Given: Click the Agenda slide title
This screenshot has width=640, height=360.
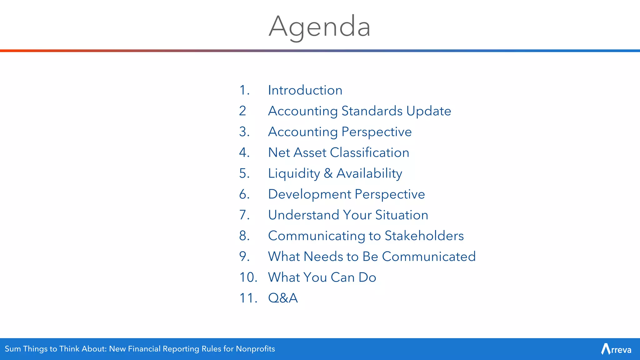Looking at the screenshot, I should coord(319,27).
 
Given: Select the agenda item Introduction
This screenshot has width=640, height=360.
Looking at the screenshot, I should coord(305,90).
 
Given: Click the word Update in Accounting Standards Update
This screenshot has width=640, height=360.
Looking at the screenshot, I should coord(429,111).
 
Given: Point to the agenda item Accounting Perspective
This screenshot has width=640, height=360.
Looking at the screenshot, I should coord(340,132).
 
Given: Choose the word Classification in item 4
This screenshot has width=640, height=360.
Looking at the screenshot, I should coord(369,152).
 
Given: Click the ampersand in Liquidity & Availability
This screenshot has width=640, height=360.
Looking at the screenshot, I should coord(328,173).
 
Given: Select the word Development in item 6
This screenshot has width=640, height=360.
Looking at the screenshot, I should coord(309,194).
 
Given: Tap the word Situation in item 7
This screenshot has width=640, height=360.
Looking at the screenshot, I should coord(402,215).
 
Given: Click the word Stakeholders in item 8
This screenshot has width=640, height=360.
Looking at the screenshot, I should coord(424,236).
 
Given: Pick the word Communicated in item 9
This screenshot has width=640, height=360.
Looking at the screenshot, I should coord(429,257).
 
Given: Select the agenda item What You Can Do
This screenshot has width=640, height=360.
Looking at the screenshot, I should coord(322,277).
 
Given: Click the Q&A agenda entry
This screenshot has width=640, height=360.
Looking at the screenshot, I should coord(283,298).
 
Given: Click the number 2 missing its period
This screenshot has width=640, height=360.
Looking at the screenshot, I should coord(242,111).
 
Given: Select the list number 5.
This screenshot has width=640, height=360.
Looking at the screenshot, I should coord(244,173).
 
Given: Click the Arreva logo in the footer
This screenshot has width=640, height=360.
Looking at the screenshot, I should coord(616,349).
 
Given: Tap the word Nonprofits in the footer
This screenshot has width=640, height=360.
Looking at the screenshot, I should coord(255,349).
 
